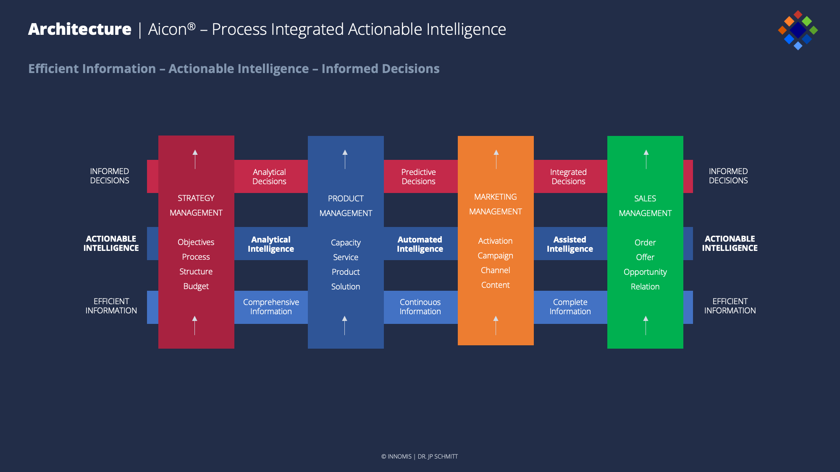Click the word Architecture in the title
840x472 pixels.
pyautogui.click(x=80, y=29)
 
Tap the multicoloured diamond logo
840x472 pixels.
pyautogui.click(x=798, y=30)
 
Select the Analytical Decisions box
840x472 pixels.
pyautogui.click(x=271, y=176)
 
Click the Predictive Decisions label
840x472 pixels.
pyautogui.click(x=418, y=177)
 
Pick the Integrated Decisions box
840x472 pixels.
pyautogui.click(x=570, y=176)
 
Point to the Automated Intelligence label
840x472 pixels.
pyautogui.click(x=420, y=244)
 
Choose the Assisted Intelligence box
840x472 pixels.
pyautogui.click(x=570, y=243)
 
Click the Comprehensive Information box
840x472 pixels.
pyautogui.click(x=271, y=307)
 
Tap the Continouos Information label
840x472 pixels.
pyautogui.click(x=420, y=307)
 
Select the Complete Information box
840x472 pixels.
pyautogui.click(x=570, y=307)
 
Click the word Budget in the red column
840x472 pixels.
pyautogui.click(x=196, y=287)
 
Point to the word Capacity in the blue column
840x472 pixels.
pyautogui.click(x=346, y=243)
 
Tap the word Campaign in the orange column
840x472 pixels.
pyautogui.click(x=496, y=256)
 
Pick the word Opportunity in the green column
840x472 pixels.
pyautogui.click(x=645, y=272)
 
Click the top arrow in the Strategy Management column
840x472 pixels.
pyautogui.click(x=195, y=159)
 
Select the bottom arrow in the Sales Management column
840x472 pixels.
pyautogui.click(x=646, y=326)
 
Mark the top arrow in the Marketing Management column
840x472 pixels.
pyautogui.click(x=496, y=159)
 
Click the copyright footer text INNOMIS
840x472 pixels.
pyautogui.click(x=399, y=456)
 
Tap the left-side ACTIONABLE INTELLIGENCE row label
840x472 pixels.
pyautogui.click(x=111, y=243)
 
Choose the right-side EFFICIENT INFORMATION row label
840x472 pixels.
pyautogui.click(x=730, y=306)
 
